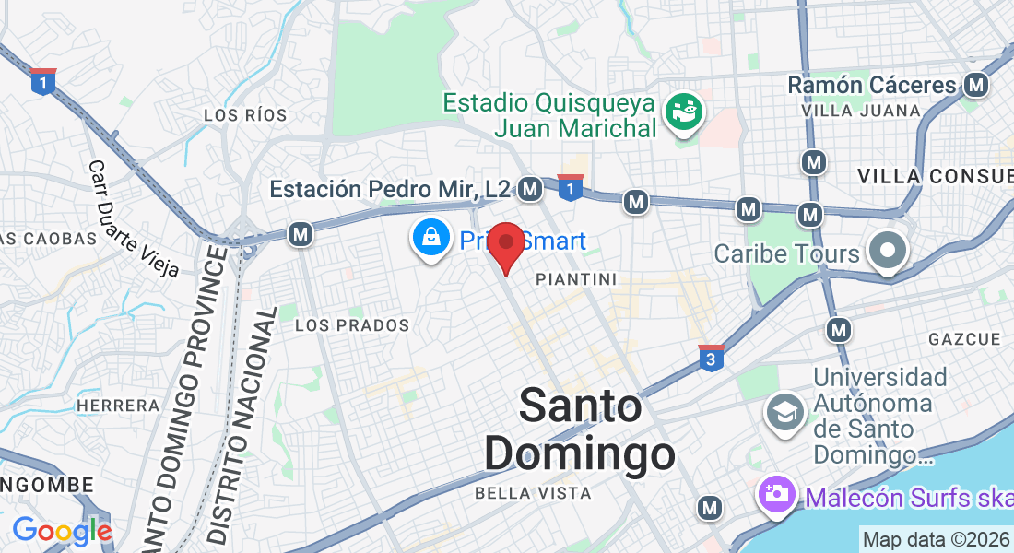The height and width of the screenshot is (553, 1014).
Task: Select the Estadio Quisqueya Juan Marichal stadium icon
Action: click(684, 112)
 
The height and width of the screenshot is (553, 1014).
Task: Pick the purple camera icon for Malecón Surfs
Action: click(777, 494)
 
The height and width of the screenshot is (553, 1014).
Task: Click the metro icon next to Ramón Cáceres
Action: click(976, 86)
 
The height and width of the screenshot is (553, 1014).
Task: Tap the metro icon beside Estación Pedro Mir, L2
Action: click(529, 189)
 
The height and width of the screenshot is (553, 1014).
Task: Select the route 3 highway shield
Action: click(710, 358)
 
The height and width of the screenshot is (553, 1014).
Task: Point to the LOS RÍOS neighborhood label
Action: click(245, 115)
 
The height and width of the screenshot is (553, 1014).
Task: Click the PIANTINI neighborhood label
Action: click(576, 278)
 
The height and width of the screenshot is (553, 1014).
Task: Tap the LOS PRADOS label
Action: click(352, 325)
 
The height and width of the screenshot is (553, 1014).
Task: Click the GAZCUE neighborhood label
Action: click(964, 339)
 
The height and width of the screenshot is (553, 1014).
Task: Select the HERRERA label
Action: click(118, 406)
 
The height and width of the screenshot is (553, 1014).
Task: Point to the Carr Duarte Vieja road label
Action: click(133, 219)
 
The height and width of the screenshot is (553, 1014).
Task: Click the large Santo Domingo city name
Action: click(580, 429)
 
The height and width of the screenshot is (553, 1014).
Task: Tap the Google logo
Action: click(62, 531)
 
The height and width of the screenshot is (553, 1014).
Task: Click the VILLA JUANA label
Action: click(861, 111)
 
